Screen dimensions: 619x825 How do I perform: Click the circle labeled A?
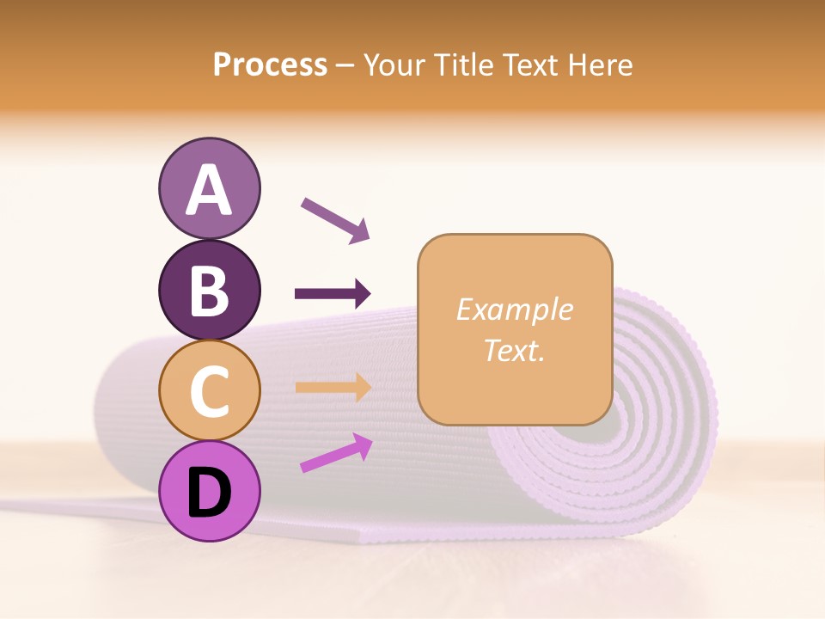(209, 188)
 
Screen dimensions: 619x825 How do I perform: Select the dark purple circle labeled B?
(209, 290)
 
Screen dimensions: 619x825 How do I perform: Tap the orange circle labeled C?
(209, 390)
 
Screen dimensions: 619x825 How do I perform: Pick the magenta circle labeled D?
(209, 491)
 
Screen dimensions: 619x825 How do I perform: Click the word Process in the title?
(270, 65)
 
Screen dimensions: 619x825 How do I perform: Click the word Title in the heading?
(464, 65)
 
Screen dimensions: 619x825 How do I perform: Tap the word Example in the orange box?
(515, 309)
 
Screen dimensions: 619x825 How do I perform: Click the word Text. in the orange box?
(515, 350)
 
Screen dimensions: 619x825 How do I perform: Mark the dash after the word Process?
(345, 66)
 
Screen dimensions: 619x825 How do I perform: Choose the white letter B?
(209, 291)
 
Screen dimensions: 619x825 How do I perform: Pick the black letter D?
(209, 492)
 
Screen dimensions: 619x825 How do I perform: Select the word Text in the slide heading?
(531, 65)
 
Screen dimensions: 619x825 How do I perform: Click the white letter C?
(209, 391)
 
